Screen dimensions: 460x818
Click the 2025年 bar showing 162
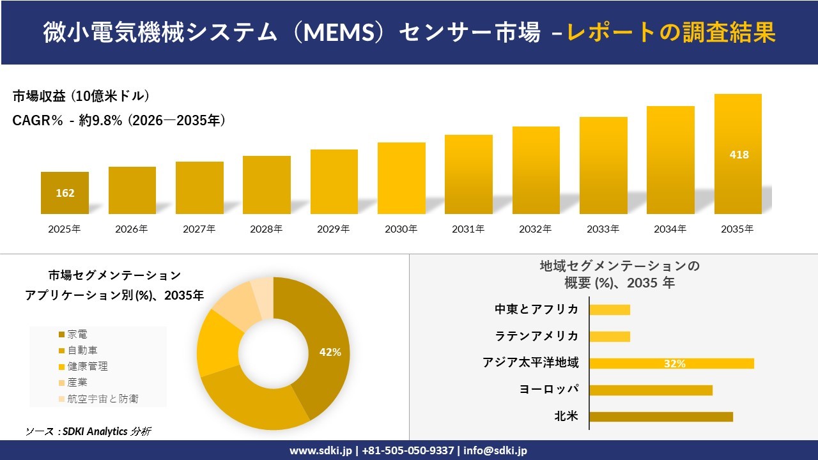65,192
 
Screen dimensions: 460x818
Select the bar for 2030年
401,178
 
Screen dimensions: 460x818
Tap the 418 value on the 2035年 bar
738,155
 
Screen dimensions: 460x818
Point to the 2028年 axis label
266,229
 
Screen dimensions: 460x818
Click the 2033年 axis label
603,229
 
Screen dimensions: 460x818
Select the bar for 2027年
199,188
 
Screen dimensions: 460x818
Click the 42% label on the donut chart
330,352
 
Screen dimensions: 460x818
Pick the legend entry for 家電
77,334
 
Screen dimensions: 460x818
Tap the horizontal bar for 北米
661,417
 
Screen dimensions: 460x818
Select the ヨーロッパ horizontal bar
651,390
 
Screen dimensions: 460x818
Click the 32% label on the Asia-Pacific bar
674,364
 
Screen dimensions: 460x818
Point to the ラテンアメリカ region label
537,336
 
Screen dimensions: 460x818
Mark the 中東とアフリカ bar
610,310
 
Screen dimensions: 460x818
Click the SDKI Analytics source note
89,431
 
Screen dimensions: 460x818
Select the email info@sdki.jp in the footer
495,450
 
